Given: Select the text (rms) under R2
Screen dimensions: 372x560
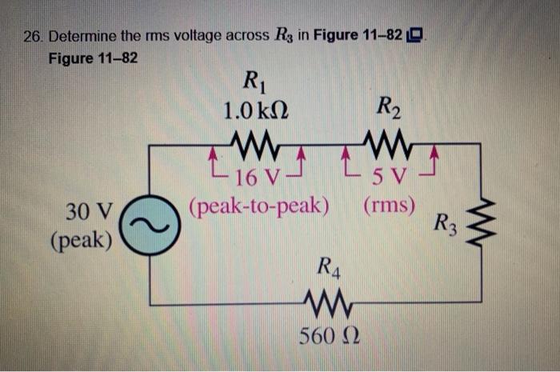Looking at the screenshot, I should coord(389,205).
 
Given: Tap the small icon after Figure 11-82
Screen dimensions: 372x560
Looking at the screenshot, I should coord(419,36).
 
